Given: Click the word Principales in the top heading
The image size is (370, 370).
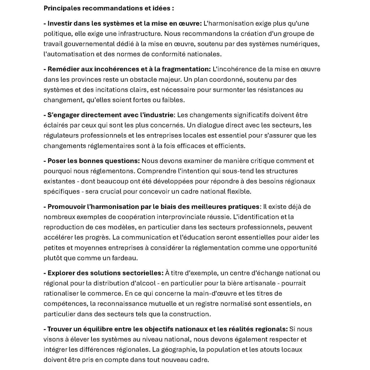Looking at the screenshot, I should point(61,8).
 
